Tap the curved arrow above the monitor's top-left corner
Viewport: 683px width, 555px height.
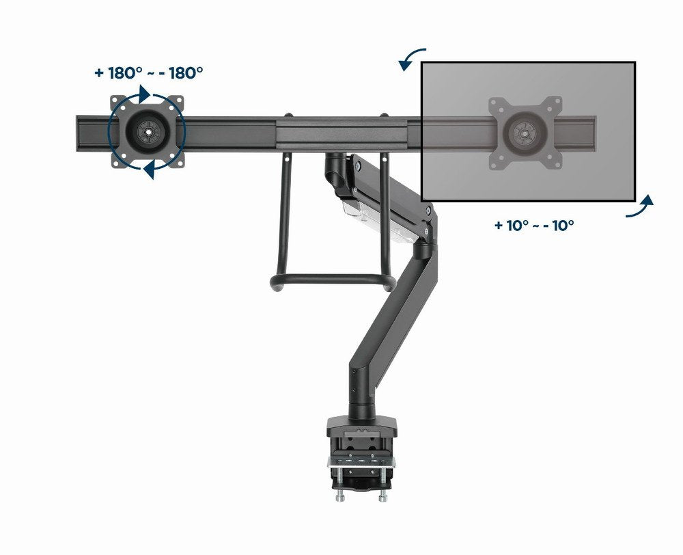pyautogui.click(x=412, y=59)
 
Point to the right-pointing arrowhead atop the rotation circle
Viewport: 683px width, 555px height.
pyautogui.click(x=143, y=93)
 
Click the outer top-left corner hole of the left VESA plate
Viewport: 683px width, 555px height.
pyautogui.click(x=115, y=99)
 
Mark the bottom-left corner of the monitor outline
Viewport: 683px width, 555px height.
pyautogui.click(x=422, y=202)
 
